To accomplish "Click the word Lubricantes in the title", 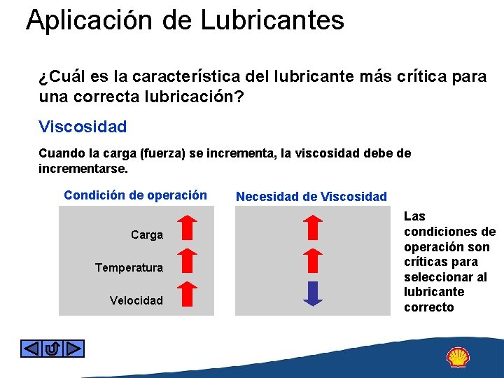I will click(272, 20).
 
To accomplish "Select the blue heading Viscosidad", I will click(83, 127).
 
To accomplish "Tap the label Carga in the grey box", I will click(147, 234).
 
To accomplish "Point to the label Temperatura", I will click(129, 267).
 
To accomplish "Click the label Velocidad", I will click(136, 300).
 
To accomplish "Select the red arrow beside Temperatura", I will click(185, 260).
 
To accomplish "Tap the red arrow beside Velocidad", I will click(185, 293).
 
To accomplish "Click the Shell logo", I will click(458, 357).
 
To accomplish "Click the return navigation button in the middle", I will click(52, 348).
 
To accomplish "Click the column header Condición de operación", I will click(135, 195).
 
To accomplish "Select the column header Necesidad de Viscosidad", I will click(311, 197).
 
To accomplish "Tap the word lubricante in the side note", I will click(434, 292).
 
